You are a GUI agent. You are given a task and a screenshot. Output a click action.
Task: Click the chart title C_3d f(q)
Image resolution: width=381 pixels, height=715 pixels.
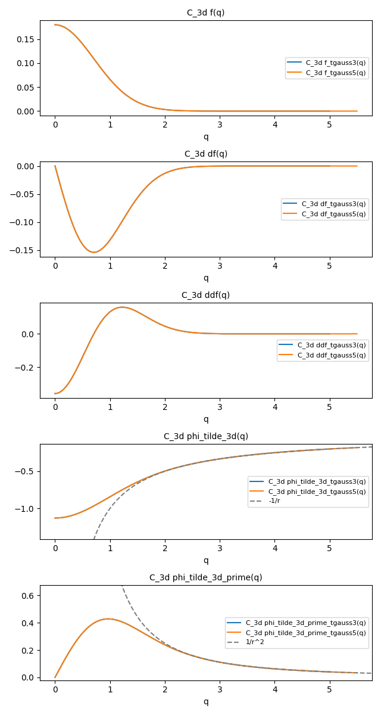206,13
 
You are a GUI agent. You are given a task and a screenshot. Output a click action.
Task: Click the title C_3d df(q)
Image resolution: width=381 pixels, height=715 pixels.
206,154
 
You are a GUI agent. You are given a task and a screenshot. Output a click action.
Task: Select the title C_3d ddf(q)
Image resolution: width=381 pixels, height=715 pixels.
206,295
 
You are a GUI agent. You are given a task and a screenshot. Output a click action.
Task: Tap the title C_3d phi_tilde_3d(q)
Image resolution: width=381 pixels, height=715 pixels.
206,436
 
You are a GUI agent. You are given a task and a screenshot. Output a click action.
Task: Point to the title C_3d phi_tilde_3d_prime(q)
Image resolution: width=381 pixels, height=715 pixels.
206,577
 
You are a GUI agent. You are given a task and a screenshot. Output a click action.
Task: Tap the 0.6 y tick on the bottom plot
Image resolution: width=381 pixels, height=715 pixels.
29,596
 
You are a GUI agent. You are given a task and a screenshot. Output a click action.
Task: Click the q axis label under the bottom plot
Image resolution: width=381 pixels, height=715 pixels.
206,701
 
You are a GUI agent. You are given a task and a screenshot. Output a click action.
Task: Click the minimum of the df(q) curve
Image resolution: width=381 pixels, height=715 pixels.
93,252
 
